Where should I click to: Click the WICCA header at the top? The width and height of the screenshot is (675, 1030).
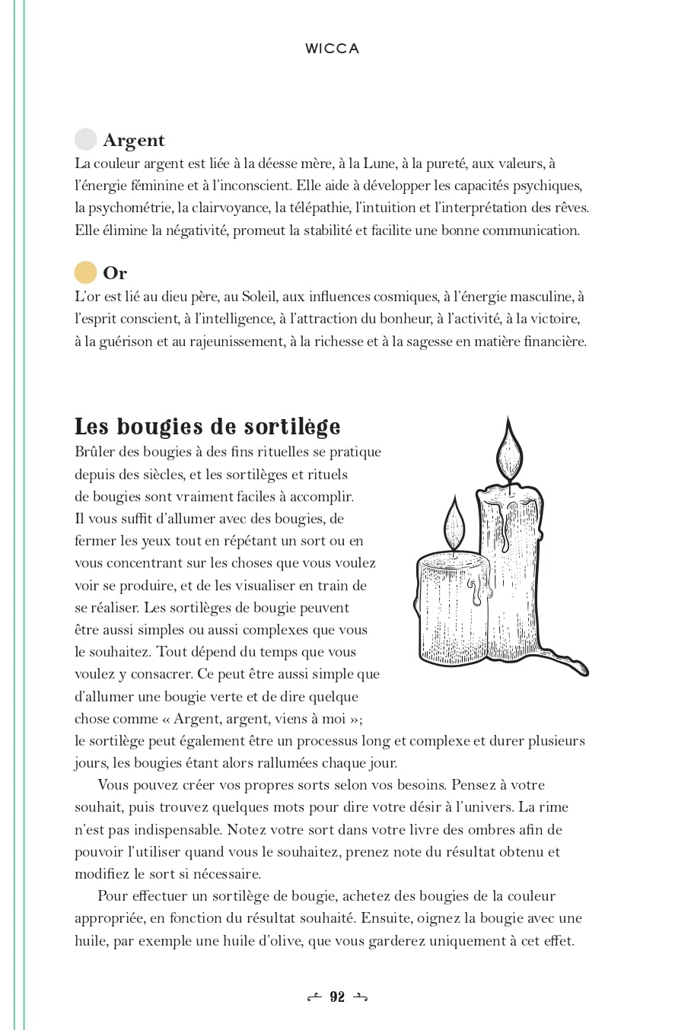coord(332,49)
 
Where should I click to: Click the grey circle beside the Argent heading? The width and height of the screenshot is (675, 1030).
coord(85,140)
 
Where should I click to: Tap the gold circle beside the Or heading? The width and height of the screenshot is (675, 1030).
coord(85,272)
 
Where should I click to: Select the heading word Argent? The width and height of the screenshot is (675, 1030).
coord(134,140)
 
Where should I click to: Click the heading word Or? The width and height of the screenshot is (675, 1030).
coord(115,273)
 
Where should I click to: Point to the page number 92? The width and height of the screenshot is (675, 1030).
coord(337,997)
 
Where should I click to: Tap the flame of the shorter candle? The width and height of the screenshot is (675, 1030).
coord(454,524)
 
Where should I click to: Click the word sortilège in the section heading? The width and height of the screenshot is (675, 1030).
coord(293,426)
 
